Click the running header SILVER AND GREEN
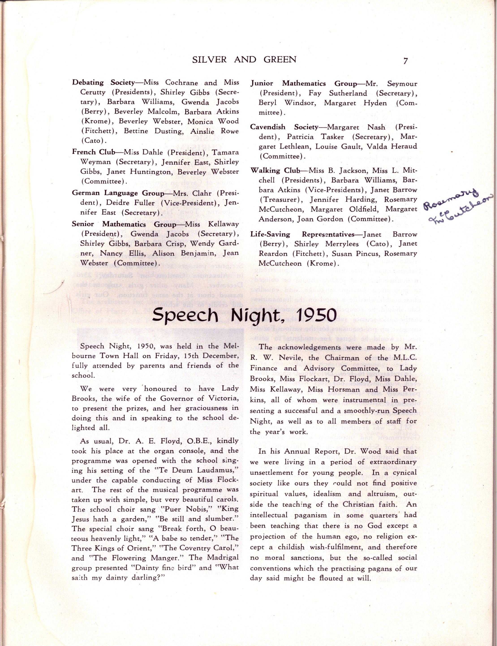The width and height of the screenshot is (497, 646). click(x=244, y=60)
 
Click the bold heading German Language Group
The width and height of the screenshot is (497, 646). click(x=118, y=193)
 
